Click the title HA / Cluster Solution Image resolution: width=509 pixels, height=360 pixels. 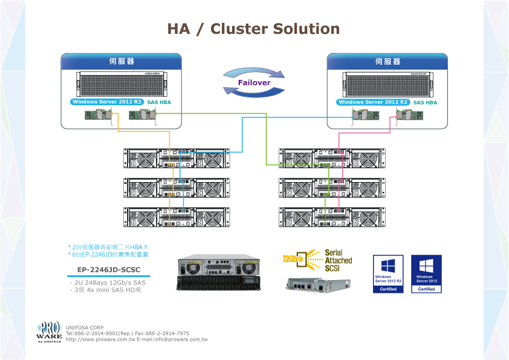click(253, 29)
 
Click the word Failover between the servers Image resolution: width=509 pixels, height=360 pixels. click(254, 82)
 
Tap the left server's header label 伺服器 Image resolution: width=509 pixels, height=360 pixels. click(121, 62)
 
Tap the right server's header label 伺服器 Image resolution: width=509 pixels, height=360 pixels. click(387, 62)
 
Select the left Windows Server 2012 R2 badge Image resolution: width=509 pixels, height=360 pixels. click(107, 102)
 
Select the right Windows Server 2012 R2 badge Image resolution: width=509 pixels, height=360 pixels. click(374, 102)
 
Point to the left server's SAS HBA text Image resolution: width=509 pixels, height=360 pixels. click(159, 103)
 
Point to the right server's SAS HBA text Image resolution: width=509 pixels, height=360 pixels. click(425, 103)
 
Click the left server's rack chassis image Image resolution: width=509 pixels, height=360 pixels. click(121, 84)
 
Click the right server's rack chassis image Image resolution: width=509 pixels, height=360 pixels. click(387, 84)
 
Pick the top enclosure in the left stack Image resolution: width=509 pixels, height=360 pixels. click(177, 158)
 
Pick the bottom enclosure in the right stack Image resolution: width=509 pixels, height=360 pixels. click(332, 217)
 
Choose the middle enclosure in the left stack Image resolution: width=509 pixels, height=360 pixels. click(177, 188)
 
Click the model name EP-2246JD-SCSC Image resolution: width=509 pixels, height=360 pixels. click(108, 270)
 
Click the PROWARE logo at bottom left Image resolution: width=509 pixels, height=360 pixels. click(49, 332)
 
